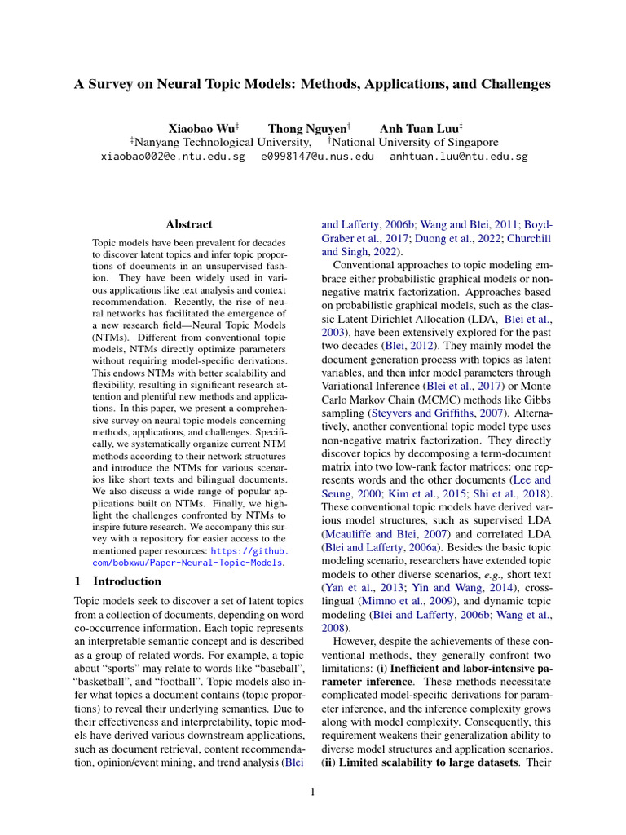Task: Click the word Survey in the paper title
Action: tap(116, 84)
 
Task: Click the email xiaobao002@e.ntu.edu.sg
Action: tap(172, 156)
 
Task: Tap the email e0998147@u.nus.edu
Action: tap(317, 156)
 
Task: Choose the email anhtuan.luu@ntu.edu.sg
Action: tap(458, 156)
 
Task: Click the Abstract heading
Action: tap(189, 224)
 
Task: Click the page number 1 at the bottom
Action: tap(313, 792)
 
